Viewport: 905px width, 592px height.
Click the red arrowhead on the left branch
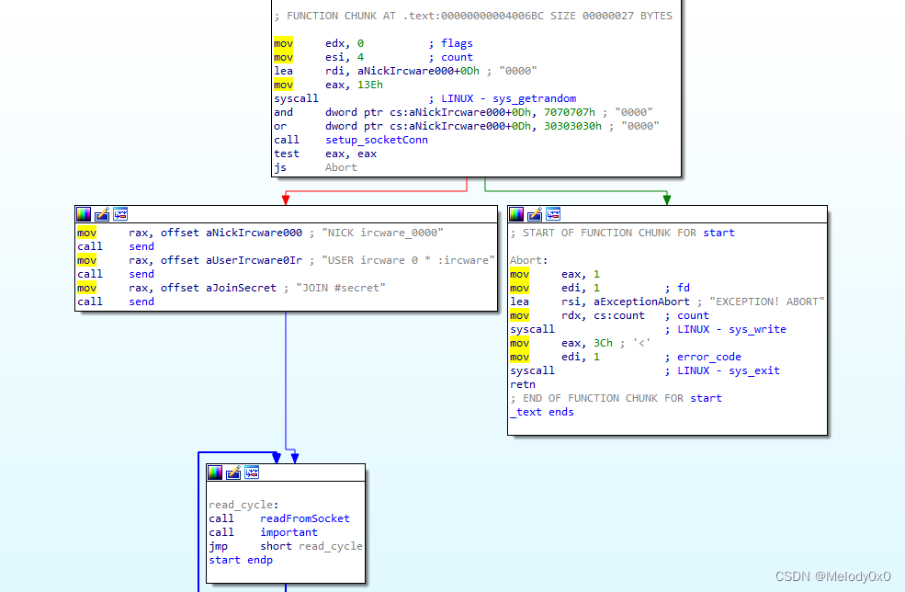[286, 199]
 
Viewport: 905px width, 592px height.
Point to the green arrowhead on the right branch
[666, 199]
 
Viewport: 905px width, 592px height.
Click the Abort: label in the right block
[529, 260]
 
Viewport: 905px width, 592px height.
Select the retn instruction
[523, 384]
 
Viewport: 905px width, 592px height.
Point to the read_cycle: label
[243, 505]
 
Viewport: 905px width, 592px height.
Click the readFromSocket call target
[305, 518]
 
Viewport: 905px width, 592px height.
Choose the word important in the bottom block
[288, 532]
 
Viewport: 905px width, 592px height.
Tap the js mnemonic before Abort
[280, 167]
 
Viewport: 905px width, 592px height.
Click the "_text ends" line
[542, 412]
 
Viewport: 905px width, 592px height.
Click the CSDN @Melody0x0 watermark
[832, 576]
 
